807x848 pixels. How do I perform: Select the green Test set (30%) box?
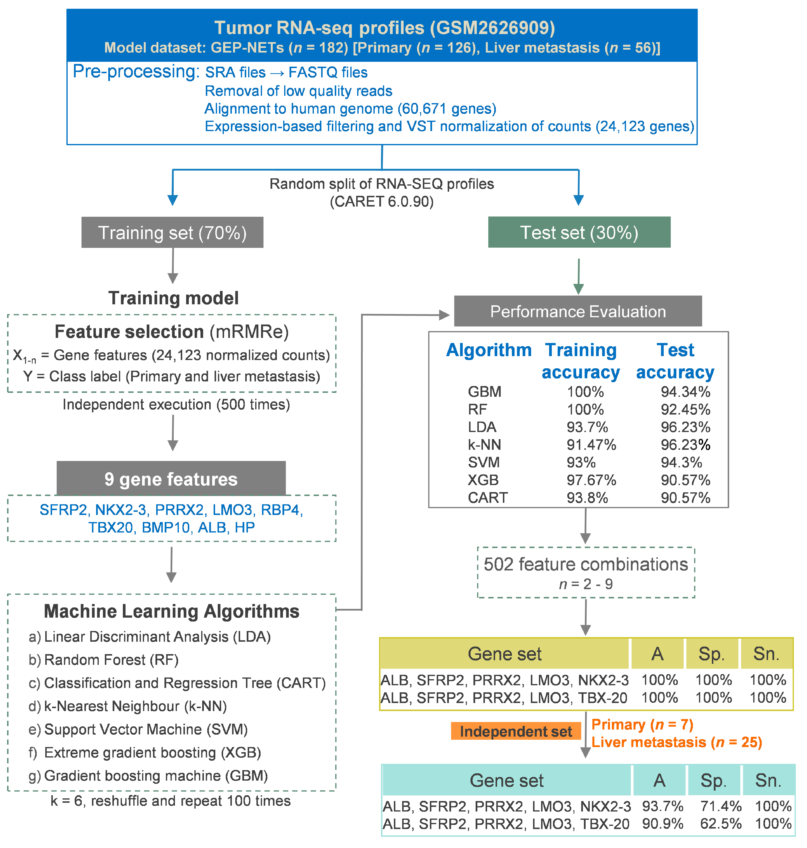(x=579, y=232)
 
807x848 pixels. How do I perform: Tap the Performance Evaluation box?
(x=578, y=311)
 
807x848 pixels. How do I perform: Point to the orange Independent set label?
(x=516, y=731)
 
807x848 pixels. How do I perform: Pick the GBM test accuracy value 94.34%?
(x=685, y=392)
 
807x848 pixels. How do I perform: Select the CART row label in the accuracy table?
(x=487, y=497)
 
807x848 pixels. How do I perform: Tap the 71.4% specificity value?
(x=721, y=806)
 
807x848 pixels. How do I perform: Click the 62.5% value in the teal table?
(x=721, y=823)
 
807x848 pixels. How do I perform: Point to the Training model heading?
(x=173, y=298)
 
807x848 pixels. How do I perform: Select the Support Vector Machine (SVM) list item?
(x=146, y=729)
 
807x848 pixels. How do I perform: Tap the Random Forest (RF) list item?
(x=111, y=660)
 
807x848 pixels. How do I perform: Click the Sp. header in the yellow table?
(x=711, y=654)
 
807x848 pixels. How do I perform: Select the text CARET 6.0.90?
(x=381, y=201)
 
